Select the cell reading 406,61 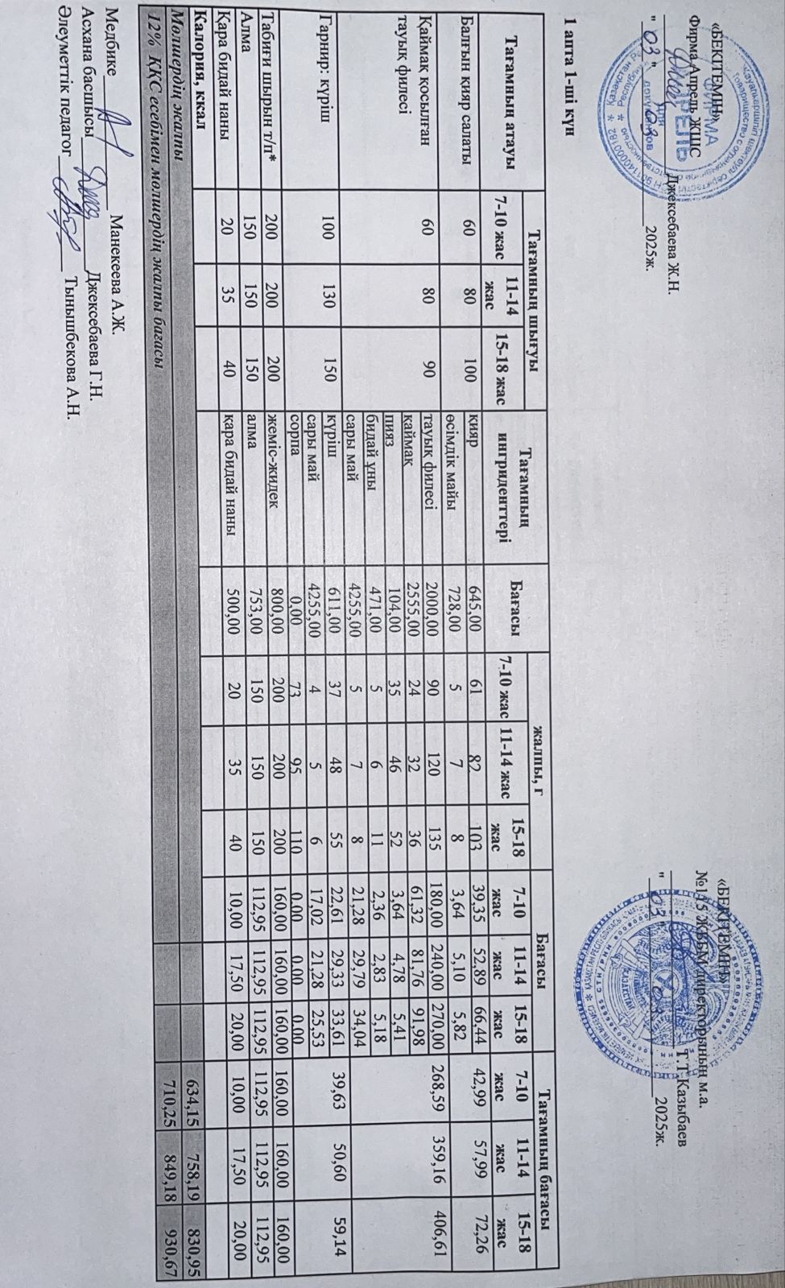439,1254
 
